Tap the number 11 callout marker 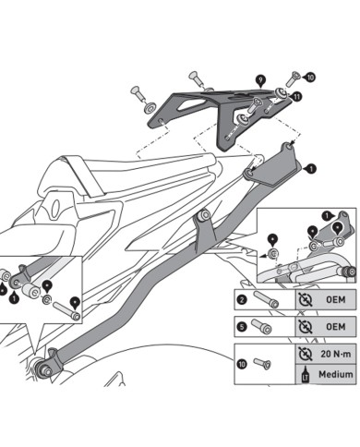coord(295,96)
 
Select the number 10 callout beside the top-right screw coord(309,78)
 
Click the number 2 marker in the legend coord(241,299)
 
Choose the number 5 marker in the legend coord(241,327)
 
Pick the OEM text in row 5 coord(334,327)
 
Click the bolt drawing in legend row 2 coord(268,299)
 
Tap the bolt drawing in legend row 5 coord(268,327)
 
